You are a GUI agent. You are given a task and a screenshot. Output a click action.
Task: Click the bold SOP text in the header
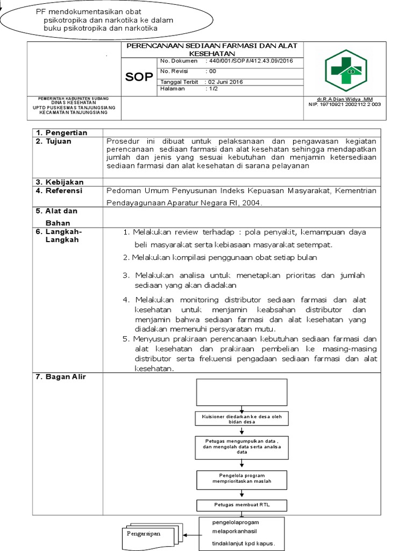tap(139, 77)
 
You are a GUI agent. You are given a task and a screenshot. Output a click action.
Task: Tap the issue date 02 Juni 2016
tap(224, 82)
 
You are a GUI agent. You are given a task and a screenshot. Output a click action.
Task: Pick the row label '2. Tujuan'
tap(53, 141)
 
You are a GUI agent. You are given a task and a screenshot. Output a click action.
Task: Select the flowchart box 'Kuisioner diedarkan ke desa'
tap(241, 419)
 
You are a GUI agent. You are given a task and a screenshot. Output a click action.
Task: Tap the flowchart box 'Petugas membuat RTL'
tap(241, 505)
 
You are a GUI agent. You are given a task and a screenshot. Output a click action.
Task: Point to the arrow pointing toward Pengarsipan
tap(191, 535)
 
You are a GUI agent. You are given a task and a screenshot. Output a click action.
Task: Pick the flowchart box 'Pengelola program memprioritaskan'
tap(241, 478)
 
